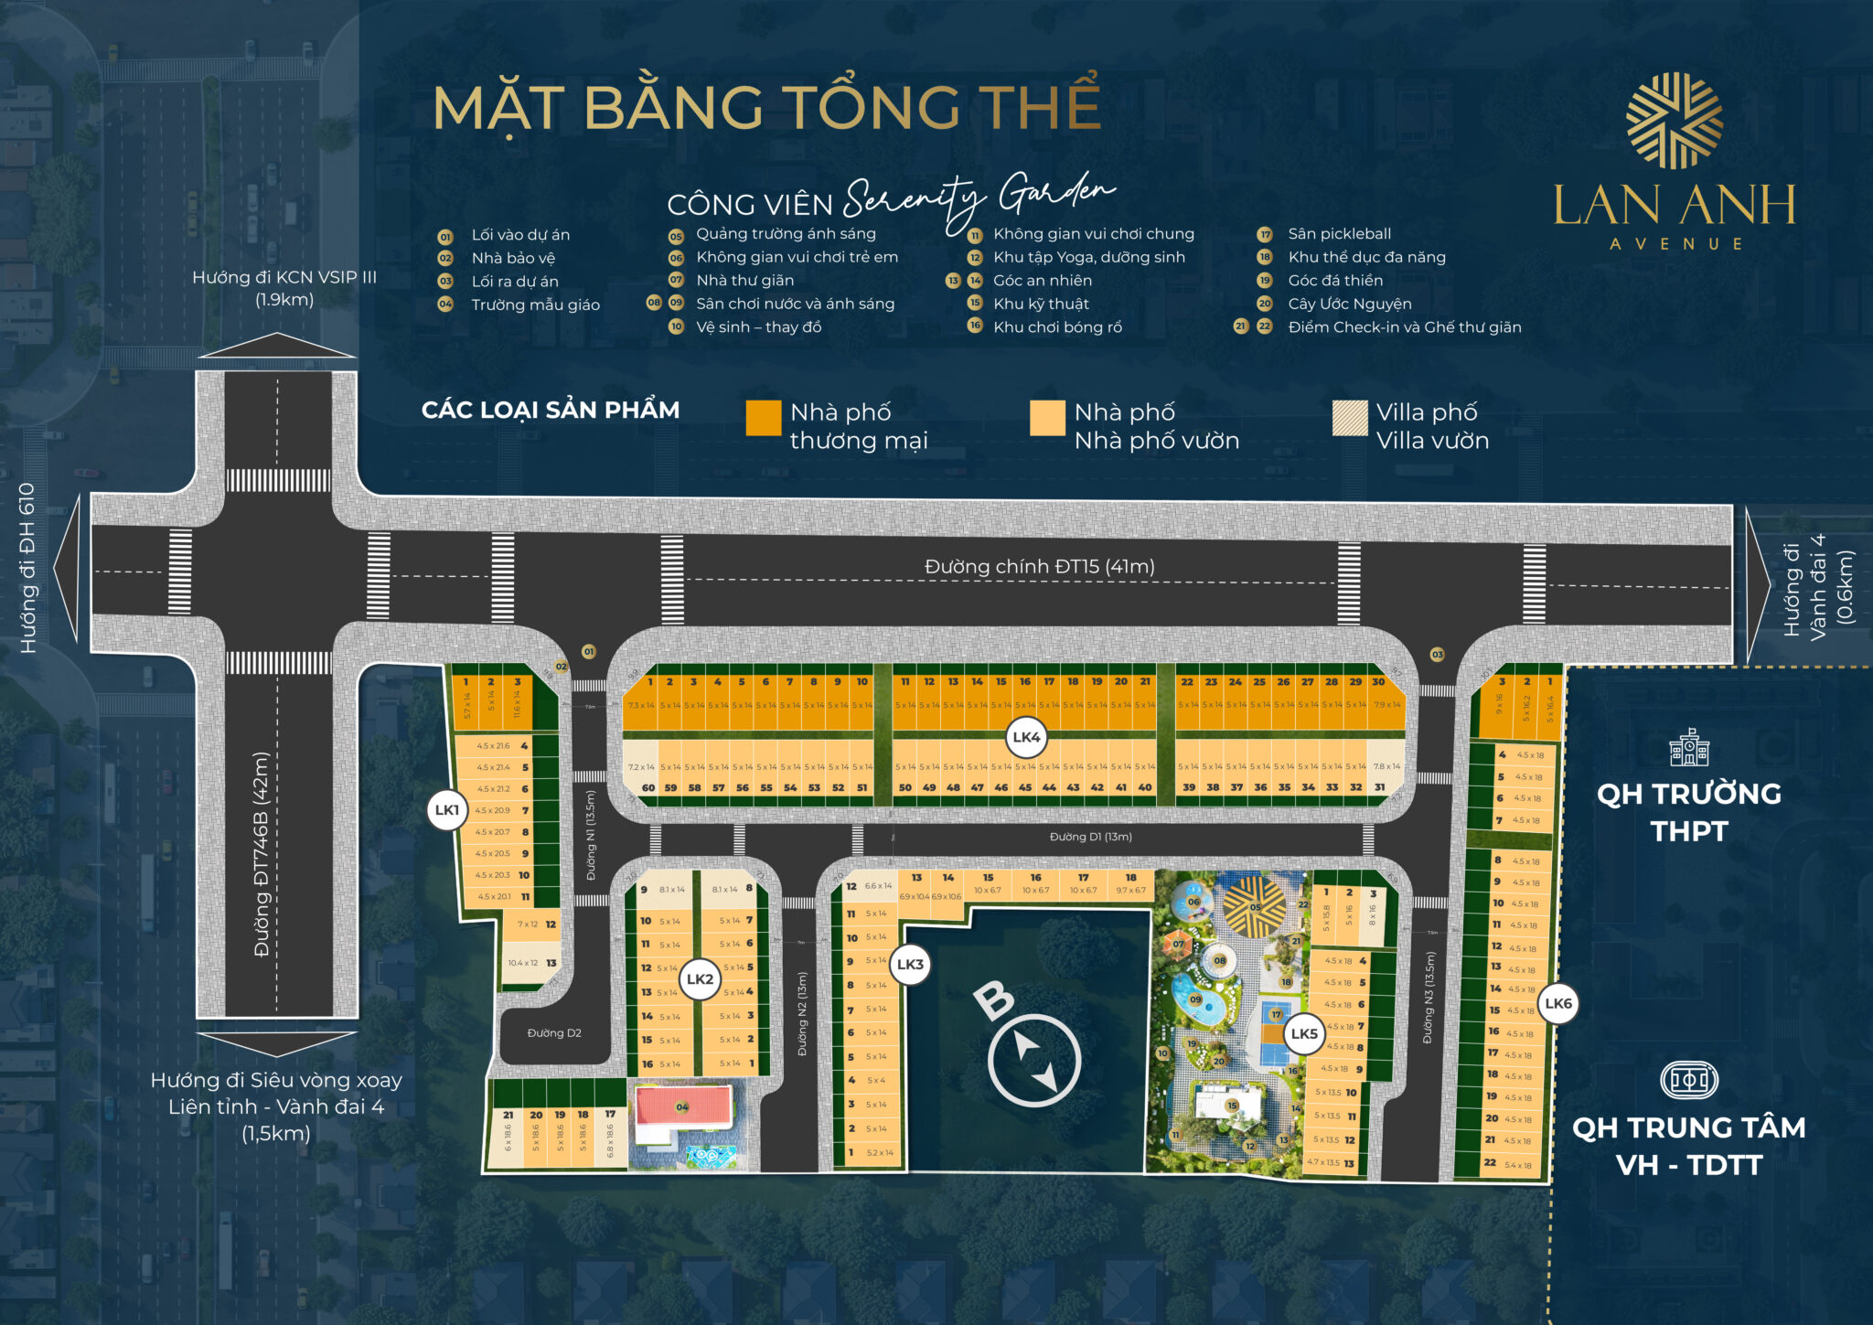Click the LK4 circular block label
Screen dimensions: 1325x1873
click(1026, 737)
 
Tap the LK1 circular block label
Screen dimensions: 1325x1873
click(447, 810)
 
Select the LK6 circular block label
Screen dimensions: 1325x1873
click(1558, 1003)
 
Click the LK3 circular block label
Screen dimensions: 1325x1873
click(910, 964)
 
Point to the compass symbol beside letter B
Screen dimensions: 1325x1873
click(1034, 1060)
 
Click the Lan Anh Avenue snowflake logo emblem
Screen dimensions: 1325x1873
click(1674, 121)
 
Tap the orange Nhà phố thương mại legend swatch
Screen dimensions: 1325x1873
click(764, 418)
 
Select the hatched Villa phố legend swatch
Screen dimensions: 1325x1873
click(1350, 418)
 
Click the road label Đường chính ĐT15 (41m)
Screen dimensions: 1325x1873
click(1039, 567)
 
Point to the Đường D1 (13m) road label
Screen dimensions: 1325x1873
click(1090, 837)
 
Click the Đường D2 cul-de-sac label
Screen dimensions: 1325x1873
click(554, 1033)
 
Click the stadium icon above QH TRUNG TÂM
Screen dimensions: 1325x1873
click(1688, 1080)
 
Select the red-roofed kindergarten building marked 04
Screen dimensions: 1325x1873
click(683, 1107)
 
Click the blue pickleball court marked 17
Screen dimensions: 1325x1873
click(1276, 1031)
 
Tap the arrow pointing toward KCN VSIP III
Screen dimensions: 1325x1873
click(277, 346)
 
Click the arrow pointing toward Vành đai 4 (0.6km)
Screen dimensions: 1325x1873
click(1758, 585)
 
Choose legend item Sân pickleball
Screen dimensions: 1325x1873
click(1339, 234)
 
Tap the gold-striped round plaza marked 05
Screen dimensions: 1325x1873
click(1254, 907)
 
